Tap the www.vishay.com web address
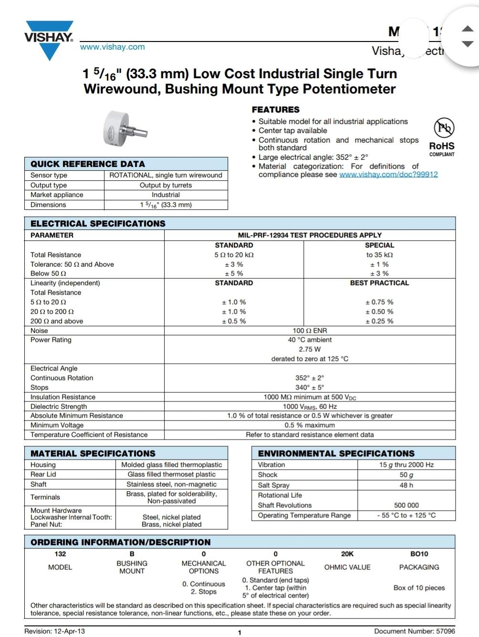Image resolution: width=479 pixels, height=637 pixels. point(112,47)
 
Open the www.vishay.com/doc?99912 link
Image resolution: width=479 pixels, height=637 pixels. point(388,175)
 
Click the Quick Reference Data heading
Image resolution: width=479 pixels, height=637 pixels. point(87,164)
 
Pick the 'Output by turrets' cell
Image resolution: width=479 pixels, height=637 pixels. point(166,185)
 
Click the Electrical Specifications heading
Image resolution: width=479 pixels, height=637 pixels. point(98,224)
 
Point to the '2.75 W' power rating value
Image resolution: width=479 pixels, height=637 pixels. point(310,349)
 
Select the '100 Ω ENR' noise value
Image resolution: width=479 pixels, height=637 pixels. point(310,330)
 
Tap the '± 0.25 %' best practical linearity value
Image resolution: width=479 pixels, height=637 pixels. point(379,321)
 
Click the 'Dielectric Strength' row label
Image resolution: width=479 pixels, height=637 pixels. point(59,406)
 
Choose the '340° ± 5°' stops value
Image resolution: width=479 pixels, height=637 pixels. point(310,387)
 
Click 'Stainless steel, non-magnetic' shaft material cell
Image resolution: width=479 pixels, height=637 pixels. point(171,484)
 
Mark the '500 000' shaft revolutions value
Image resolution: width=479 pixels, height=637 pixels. point(406,505)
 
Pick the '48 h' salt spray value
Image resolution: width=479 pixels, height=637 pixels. point(406,485)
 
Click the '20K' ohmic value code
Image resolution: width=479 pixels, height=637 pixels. point(347,554)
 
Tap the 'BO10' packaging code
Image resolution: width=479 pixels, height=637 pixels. point(419,554)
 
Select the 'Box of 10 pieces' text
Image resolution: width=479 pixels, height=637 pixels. point(419,587)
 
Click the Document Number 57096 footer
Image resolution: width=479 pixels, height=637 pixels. point(414,631)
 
